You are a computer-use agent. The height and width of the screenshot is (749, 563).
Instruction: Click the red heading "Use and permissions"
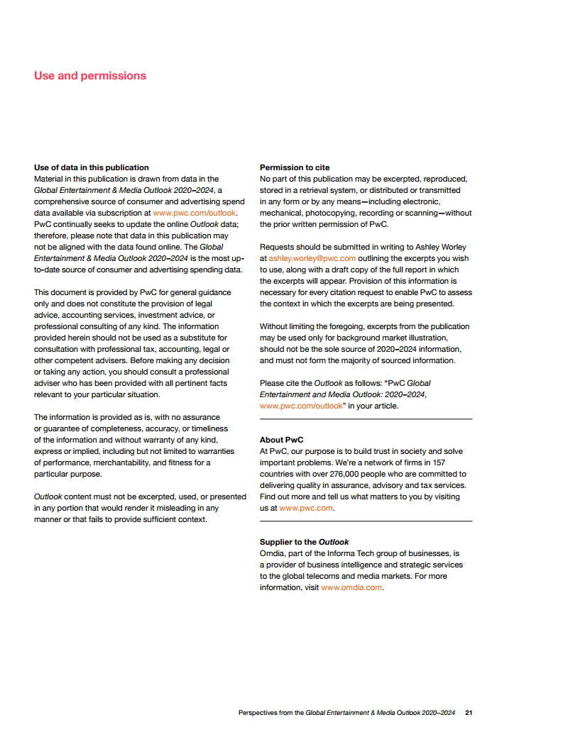click(x=90, y=76)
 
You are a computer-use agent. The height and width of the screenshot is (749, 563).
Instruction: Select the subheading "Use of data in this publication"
click(x=92, y=167)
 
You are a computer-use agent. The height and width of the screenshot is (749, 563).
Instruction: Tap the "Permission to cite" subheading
click(x=295, y=167)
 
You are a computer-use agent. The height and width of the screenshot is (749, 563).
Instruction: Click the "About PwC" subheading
click(x=282, y=440)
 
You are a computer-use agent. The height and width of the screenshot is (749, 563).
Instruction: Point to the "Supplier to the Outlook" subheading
click(x=305, y=542)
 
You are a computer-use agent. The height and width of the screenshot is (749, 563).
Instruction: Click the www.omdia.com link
click(x=351, y=587)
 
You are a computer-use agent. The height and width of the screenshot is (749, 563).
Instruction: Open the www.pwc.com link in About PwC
click(x=306, y=508)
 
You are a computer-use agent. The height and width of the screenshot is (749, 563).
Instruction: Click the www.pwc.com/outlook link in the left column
click(x=195, y=213)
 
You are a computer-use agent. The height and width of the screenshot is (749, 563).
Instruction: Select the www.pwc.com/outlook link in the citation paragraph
click(x=291, y=406)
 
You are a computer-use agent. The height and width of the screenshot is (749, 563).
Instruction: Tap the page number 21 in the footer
click(x=469, y=712)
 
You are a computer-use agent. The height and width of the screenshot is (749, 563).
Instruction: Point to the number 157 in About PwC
click(x=439, y=462)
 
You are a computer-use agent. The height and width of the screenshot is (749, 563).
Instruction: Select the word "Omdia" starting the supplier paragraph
click(x=273, y=553)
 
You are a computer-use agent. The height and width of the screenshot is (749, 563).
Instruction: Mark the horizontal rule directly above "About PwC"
click(x=366, y=419)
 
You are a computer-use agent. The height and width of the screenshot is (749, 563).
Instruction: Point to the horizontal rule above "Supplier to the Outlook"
click(x=366, y=521)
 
